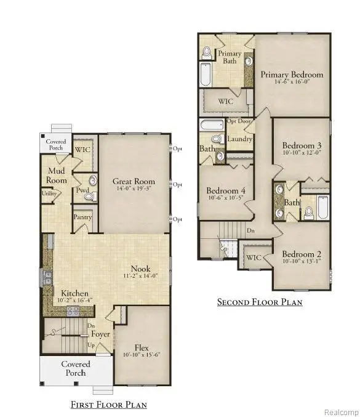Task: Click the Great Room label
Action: point(134,182)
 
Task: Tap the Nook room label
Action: point(141,269)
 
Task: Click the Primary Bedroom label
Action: point(292,75)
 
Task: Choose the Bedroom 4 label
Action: point(226,190)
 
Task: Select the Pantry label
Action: point(82,217)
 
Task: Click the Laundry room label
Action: point(239,139)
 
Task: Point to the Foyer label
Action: point(101,334)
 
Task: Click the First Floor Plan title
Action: point(108,405)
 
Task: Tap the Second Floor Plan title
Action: point(259,302)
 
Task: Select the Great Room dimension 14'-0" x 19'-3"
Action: point(134,190)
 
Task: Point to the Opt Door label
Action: point(239,121)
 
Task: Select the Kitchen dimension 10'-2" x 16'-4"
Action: point(74,301)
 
